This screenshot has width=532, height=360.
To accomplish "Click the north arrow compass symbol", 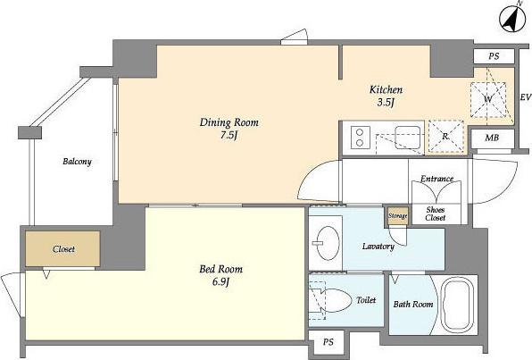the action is pos(512,19).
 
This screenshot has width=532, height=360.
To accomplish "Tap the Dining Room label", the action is pos(229,122).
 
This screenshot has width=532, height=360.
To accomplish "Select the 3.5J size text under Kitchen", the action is pos(385,103).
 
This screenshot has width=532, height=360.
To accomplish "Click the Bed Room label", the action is pos(220,269).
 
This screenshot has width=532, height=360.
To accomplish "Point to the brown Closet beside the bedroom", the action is pos(62,249).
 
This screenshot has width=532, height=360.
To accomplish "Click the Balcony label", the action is pos(77,162).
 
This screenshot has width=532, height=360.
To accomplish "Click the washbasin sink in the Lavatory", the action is pos(328,243).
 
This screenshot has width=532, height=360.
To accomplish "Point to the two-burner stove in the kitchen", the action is pos(360,138).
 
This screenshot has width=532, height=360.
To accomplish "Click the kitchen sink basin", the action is pos(408,138).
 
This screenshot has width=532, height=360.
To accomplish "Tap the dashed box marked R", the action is pos(445,136).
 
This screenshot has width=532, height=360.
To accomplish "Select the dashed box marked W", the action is pos(488,99).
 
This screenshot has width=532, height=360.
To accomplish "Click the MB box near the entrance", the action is pos(492,138).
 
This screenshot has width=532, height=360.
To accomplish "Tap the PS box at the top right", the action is pos(494,56).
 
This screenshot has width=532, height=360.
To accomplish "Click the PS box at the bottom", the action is pos(328,342).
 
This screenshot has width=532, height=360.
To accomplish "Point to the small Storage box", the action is pos(397,216).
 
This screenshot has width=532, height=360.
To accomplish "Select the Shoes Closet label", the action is pos(436,214).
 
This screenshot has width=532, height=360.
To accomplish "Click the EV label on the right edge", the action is pos(526,97).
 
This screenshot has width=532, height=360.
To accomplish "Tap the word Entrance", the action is pos(437,179).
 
